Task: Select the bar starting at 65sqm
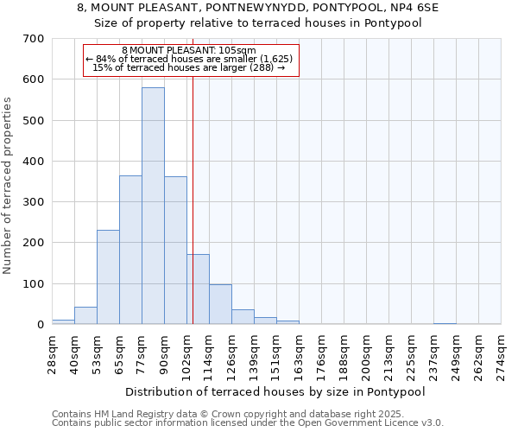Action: pos(130,250)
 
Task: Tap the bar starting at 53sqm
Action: pos(108,276)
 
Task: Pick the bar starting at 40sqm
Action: pos(85,315)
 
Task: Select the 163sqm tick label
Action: pos(299,354)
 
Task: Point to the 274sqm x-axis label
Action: pos(502,354)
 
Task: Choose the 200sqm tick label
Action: pos(366,354)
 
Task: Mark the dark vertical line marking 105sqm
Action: pos(193,199)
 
